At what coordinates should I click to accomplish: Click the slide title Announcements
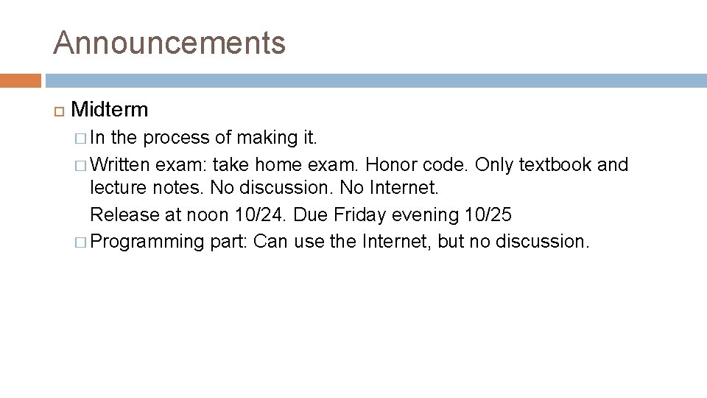[x=169, y=43]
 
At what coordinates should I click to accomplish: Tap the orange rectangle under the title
[x=21, y=80]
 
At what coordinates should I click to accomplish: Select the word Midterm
[x=110, y=110]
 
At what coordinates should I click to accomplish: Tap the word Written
[x=122, y=164]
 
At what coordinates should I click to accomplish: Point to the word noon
[x=202, y=214]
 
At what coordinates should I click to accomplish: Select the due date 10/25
[x=488, y=214]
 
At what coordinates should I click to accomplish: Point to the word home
[x=278, y=164]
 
